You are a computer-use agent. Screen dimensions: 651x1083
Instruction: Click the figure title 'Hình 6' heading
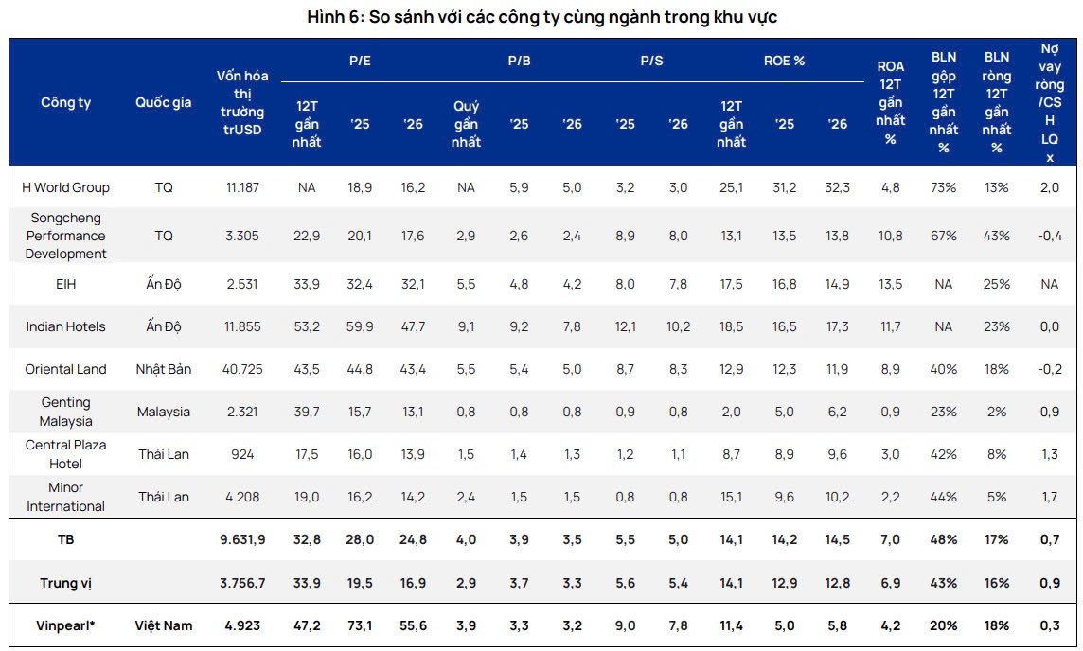[542, 17]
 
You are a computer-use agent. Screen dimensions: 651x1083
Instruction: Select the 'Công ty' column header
[66, 103]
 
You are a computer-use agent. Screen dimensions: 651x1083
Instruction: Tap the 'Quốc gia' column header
[164, 103]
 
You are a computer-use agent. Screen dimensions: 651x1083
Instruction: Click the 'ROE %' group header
[784, 61]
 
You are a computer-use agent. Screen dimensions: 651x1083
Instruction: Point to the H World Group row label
[66, 187]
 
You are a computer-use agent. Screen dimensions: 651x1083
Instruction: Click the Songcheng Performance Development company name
[66, 236]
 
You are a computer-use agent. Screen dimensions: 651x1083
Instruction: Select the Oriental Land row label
[66, 369]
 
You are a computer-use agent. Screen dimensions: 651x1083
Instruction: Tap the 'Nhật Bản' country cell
[164, 369]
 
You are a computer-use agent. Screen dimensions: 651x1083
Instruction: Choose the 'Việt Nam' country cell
[164, 625]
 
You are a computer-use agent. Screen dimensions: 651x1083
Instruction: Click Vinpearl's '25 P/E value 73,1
[360, 625]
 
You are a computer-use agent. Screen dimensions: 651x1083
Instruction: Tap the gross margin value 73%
[944, 187]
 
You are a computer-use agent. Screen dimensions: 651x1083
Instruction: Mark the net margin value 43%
[997, 236]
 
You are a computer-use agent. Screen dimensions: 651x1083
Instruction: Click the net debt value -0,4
[1049, 236]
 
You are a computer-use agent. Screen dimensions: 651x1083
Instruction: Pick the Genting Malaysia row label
[66, 412]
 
